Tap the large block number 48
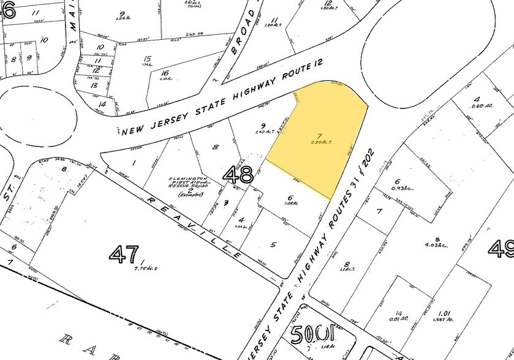(x=238, y=175)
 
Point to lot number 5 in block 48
(x=274, y=244)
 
